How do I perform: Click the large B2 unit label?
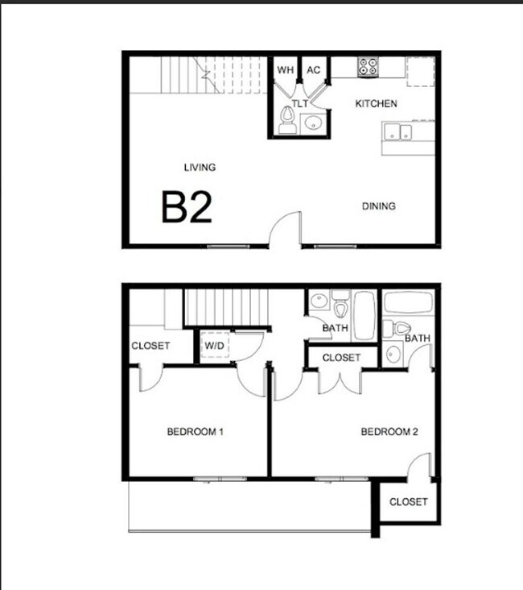(187, 206)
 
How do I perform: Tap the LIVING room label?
(200, 168)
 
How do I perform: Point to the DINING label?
(378, 206)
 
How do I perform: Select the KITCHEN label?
(377, 104)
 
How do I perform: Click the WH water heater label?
(286, 70)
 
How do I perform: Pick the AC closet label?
(314, 70)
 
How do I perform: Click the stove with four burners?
(368, 67)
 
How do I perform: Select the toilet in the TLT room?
(286, 122)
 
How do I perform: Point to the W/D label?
(215, 347)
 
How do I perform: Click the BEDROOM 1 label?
(195, 432)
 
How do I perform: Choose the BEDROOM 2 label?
(389, 432)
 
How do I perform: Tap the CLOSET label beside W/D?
(150, 346)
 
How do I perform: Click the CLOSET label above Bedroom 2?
(342, 358)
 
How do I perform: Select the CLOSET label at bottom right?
(408, 502)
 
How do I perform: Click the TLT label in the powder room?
(299, 104)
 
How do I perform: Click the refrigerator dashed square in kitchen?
(420, 71)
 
